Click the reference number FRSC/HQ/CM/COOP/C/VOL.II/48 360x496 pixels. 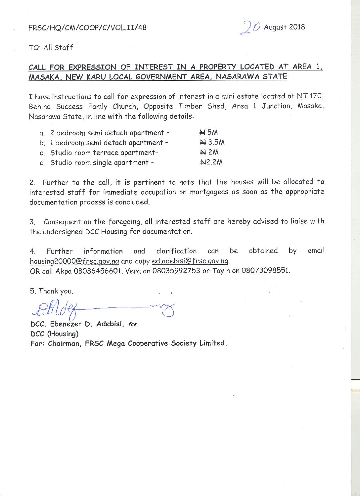pyautogui.click(x=87, y=27)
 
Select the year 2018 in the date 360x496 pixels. pyautogui.click(x=297, y=27)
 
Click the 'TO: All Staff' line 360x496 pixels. pyautogui.click(x=51, y=48)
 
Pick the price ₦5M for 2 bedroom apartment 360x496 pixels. pyautogui.click(x=208, y=133)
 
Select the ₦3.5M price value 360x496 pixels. pyautogui.click(x=212, y=143)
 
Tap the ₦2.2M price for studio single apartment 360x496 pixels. pyautogui.click(x=211, y=162)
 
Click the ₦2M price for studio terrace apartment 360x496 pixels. pyautogui.click(x=209, y=153)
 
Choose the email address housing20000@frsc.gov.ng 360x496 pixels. pyautogui.click(x=74, y=261)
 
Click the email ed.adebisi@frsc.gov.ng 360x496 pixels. pyautogui.click(x=190, y=261)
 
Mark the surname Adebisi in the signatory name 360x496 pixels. pyautogui.click(x=110, y=324)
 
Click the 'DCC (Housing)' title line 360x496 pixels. pyautogui.click(x=54, y=334)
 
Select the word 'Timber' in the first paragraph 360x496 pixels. pyautogui.click(x=190, y=106)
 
